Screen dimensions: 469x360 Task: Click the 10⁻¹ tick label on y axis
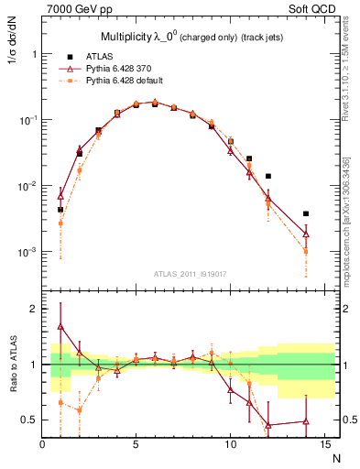point(27,120)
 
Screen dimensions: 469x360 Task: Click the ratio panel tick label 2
point(33,309)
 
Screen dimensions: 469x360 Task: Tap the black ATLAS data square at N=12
point(268,176)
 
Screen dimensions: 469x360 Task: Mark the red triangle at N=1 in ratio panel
point(60,326)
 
